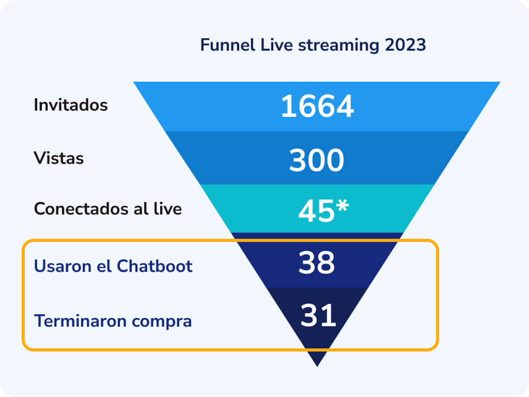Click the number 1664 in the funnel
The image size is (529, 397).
(317, 107)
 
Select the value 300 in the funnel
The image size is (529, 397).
(316, 160)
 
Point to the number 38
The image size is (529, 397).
(316, 263)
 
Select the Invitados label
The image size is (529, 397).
(71, 105)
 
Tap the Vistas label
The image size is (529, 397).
(58, 158)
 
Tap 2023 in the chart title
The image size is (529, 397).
(405, 45)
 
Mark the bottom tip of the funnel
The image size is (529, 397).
(317, 364)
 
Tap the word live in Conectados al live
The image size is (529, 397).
(167, 209)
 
